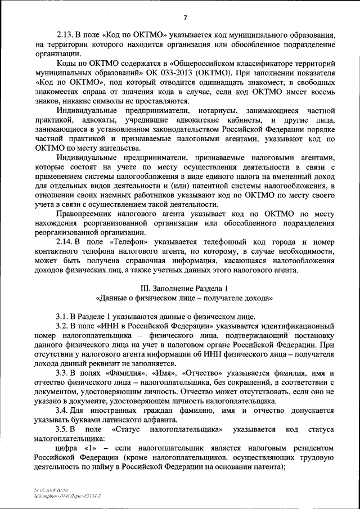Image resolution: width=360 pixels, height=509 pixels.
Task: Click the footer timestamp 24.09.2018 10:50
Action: (x=51, y=490)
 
